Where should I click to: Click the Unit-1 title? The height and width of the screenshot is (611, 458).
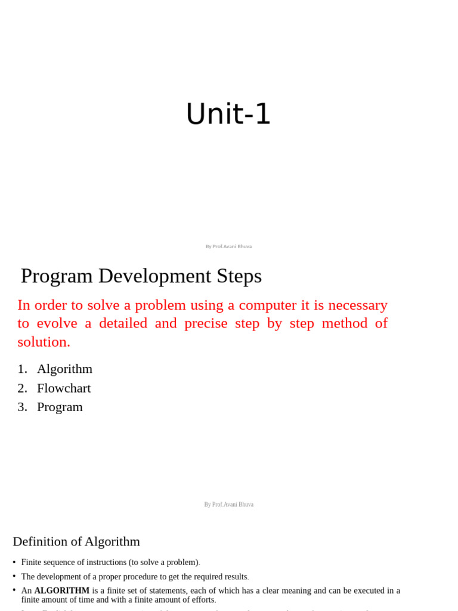point(228,114)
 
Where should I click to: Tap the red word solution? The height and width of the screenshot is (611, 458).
point(44,342)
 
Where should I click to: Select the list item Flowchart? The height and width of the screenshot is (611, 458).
point(64,388)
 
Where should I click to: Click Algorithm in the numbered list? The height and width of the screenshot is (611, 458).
point(64,369)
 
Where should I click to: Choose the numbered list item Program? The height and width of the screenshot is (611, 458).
point(60,407)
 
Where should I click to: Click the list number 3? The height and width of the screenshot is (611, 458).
point(22,407)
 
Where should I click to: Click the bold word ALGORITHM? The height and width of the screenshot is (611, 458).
point(62,591)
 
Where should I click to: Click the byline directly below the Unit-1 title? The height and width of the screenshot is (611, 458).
point(228,246)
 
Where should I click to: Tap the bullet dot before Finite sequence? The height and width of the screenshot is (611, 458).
point(14,562)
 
